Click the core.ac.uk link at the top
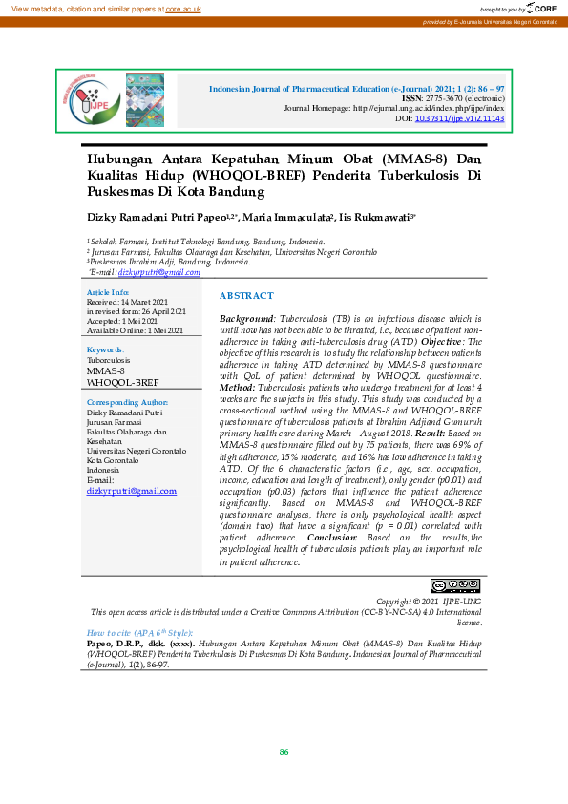pyautogui.click(x=182, y=8)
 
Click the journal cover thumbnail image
pyautogui.click(x=145, y=99)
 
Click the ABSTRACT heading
pyautogui.click(x=246, y=296)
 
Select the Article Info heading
pyautogui.click(x=108, y=291)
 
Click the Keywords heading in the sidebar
pyautogui.click(x=105, y=350)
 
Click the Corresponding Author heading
pyautogui.click(x=127, y=403)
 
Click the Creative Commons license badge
pyautogui.click(x=454, y=584)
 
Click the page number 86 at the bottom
pyautogui.click(x=284, y=752)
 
